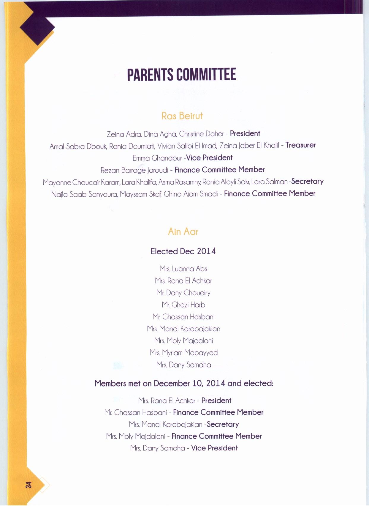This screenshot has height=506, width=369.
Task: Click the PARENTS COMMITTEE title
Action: click(181, 75)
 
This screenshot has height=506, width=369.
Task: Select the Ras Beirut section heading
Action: click(182, 116)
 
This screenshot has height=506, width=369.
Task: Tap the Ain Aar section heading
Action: click(183, 231)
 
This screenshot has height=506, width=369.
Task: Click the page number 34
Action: click(28, 485)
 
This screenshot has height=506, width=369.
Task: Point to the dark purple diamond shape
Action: click(37, 27)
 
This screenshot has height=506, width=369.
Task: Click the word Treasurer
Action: click(300, 145)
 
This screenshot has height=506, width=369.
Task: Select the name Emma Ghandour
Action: click(157, 158)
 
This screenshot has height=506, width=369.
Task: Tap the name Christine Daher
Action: click(201, 134)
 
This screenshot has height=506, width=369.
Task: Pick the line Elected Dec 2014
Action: click(183, 251)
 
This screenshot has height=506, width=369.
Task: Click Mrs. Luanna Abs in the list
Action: click(183, 269)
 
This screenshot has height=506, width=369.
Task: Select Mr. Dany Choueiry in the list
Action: click(183, 293)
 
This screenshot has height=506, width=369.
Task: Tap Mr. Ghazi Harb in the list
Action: click(183, 305)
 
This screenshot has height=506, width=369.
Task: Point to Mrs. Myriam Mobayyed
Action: click(183, 353)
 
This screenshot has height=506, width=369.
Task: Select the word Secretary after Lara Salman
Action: click(307, 182)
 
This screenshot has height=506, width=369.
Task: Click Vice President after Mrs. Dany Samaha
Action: click(214, 448)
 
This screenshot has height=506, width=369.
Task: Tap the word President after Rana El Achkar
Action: click(216, 401)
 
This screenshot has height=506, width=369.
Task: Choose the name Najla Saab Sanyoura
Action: click(84, 194)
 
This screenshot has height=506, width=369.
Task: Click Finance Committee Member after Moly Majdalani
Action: click(216, 436)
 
